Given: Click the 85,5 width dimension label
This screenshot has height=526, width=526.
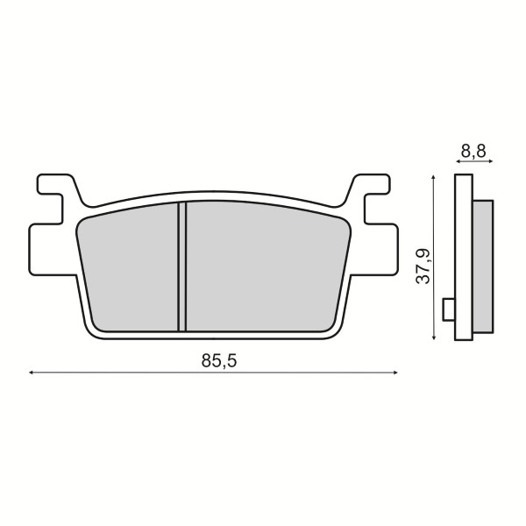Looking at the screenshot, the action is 219,361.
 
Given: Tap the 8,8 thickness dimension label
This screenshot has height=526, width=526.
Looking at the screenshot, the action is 473,151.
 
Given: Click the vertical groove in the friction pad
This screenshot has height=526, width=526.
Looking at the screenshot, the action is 181,267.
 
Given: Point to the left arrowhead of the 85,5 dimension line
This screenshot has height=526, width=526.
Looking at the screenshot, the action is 31,373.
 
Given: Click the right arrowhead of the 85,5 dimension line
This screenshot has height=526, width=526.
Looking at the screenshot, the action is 395,373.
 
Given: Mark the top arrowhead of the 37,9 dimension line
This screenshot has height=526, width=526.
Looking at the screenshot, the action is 434,177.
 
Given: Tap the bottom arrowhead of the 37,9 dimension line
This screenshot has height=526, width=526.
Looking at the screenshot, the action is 434,338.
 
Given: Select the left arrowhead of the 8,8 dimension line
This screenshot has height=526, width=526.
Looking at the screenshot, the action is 458,161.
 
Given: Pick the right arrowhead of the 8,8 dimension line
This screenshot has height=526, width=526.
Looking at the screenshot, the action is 490,161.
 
